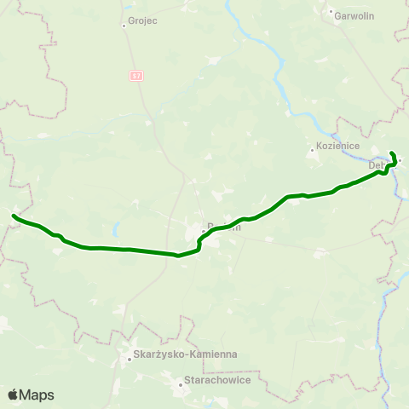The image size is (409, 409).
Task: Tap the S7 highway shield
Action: coord(137,76)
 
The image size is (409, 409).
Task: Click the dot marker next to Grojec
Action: coord(124,26)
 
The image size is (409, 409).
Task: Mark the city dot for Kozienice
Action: coord(312,153)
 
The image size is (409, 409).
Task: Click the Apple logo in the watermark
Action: coord(13,395)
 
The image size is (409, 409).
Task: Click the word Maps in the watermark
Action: coord(37,395)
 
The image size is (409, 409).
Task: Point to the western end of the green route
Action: coord(14,216)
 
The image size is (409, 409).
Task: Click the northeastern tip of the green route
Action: coord(391,153)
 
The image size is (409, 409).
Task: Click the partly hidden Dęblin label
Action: coord(378,165)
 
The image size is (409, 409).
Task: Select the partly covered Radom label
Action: coord(224,228)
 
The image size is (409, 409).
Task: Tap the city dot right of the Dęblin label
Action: coord(399,160)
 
